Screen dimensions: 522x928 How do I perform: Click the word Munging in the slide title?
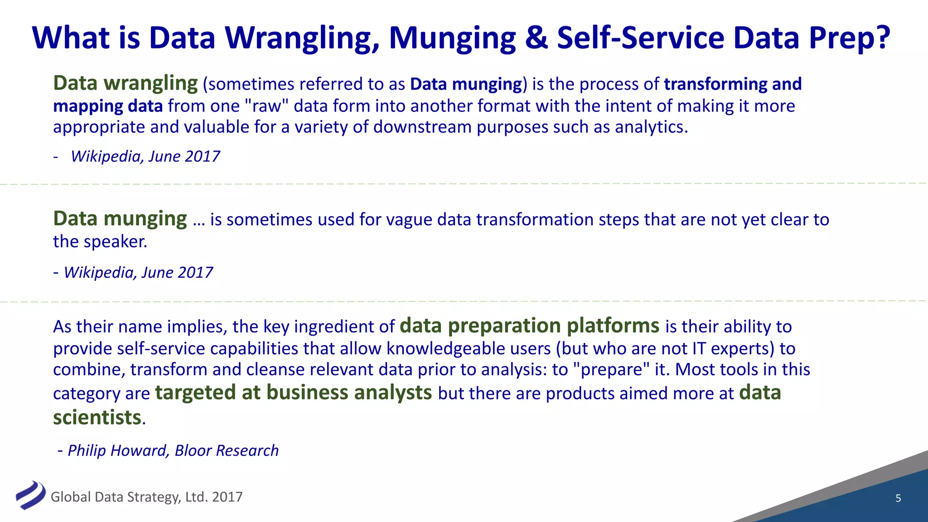pyautogui.click(x=452, y=38)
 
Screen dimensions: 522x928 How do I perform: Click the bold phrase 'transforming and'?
pyautogui.click(x=733, y=84)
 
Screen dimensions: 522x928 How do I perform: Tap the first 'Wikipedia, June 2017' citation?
pyautogui.click(x=145, y=156)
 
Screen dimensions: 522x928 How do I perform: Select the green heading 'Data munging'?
pyautogui.click(x=120, y=219)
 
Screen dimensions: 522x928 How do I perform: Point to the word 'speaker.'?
pyautogui.click(x=120, y=242)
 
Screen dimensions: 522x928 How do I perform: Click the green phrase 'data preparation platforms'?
pyautogui.click(x=529, y=326)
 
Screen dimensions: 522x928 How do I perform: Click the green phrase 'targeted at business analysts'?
pyautogui.click(x=293, y=392)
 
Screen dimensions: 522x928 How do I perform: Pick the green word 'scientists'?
pyautogui.click(x=97, y=417)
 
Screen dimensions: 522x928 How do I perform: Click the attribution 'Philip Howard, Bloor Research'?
pyautogui.click(x=173, y=450)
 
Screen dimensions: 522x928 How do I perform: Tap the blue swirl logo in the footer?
pyautogui.click(x=30, y=495)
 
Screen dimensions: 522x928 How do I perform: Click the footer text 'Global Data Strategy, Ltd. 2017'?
pyautogui.click(x=146, y=497)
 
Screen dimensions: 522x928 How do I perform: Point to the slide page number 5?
pyautogui.click(x=898, y=498)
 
